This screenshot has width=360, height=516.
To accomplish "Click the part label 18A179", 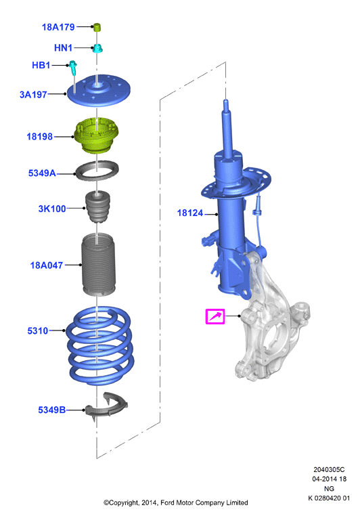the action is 58,27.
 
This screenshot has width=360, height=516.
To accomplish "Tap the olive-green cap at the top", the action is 97,27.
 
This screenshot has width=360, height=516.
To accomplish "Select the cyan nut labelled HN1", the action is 97,48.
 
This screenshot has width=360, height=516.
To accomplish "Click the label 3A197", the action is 33,94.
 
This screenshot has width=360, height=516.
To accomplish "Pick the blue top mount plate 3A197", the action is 99,91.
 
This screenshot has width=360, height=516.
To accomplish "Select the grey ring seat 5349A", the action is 97,171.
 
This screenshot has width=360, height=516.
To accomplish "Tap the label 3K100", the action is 52,209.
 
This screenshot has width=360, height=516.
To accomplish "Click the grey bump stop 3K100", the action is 97,207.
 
